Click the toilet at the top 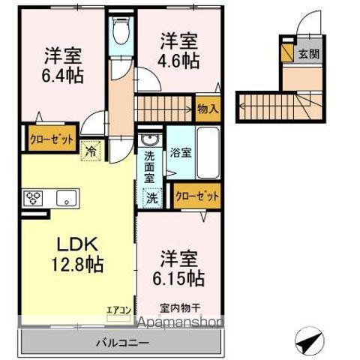pyautogui.click(x=120, y=32)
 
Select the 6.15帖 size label pyautogui.click(x=181, y=277)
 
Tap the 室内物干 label pyautogui.click(x=179, y=308)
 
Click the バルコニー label pyautogui.click(x=122, y=343)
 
